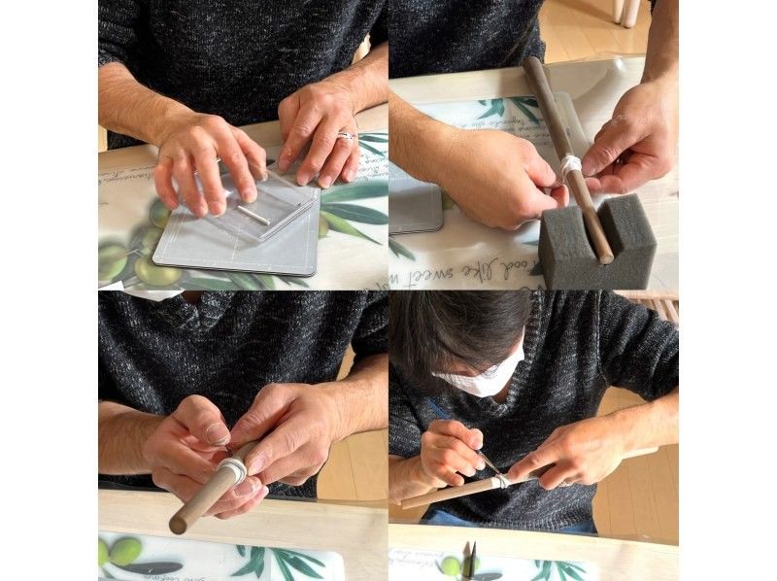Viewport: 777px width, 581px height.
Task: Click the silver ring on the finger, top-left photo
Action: (346, 137)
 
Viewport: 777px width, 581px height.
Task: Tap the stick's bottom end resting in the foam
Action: (604, 255)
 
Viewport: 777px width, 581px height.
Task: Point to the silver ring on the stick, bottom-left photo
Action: (233, 470)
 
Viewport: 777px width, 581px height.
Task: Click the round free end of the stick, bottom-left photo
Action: (178, 525)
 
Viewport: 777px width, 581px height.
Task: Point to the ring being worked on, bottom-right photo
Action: (499, 480)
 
